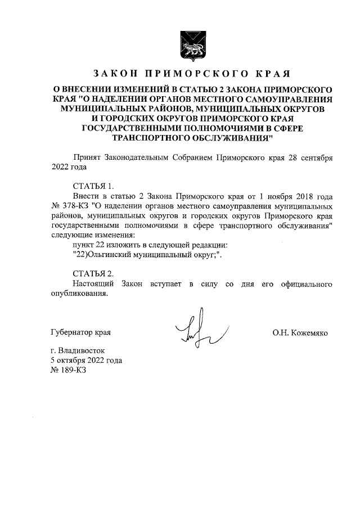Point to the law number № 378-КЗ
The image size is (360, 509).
click(66, 206)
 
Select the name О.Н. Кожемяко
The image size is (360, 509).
click(300, 332)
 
